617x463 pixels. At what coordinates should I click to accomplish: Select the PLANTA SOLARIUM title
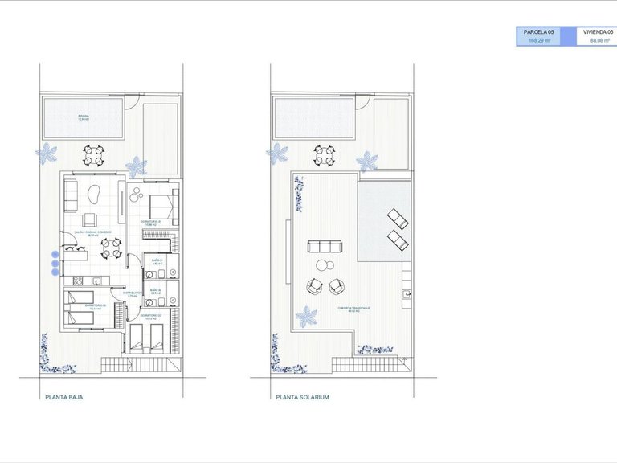302,397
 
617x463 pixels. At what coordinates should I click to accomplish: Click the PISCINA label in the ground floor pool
84,117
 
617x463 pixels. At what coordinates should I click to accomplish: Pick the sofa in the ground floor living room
70,194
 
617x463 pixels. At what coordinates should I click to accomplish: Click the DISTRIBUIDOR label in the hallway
133,293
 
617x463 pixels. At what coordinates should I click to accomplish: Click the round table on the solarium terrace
323,265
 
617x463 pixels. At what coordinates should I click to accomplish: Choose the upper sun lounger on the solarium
396,218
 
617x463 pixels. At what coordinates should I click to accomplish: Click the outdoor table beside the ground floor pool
94,155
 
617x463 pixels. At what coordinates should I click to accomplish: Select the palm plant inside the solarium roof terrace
306,317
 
